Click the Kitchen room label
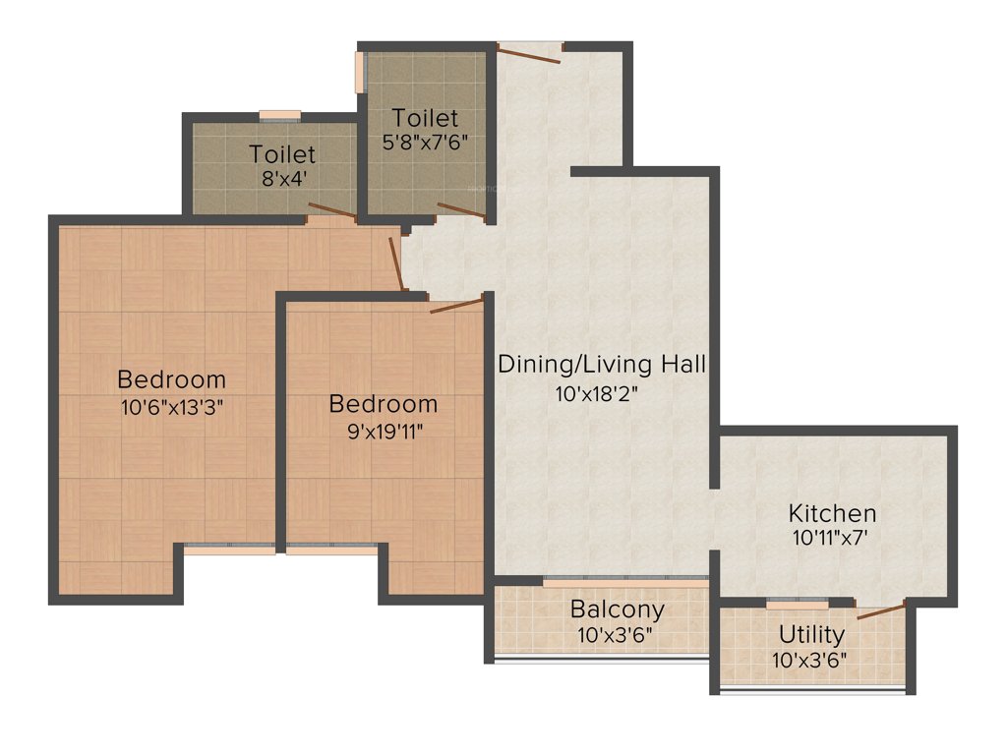[832, 513]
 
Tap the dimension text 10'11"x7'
[832, 538]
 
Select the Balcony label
[617, 610]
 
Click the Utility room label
[811, 633]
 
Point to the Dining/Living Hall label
[602, 365]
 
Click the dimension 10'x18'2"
[602, 394]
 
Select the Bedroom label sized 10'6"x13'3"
[171, 378]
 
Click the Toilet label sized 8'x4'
[282, 154]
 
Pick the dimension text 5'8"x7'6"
[425, 141]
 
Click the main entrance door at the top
[529, 53]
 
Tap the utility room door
[880, 610]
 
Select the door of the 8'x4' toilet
[330, 210]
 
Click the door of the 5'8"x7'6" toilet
[460, 209]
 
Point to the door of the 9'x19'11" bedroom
[456, 304]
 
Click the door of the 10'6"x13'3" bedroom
[397, 263]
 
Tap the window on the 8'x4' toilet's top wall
[279, 115]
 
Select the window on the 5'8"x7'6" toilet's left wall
[360, 72]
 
